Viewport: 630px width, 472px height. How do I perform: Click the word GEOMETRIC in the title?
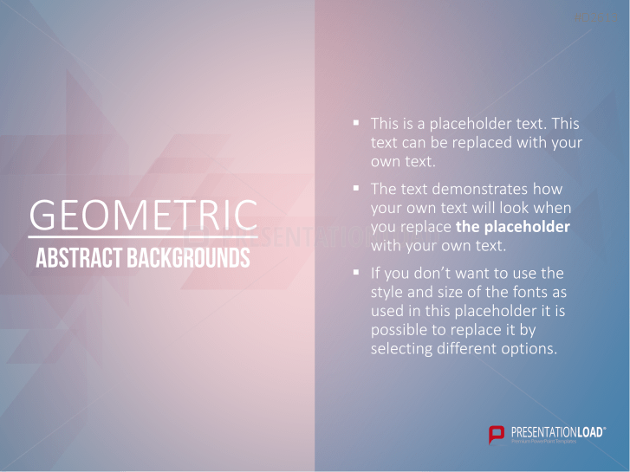143,215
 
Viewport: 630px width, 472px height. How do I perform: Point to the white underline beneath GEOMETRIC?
143,236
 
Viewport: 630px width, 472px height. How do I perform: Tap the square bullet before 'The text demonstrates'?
356,186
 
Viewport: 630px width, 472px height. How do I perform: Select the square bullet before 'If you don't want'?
356,272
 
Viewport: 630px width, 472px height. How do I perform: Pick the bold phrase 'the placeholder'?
513,227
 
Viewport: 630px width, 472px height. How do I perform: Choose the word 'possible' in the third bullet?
399,330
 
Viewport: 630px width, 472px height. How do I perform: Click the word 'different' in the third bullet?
468,348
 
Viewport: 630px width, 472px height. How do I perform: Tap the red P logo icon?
497,434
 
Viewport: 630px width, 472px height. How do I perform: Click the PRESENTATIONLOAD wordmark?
556,430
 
